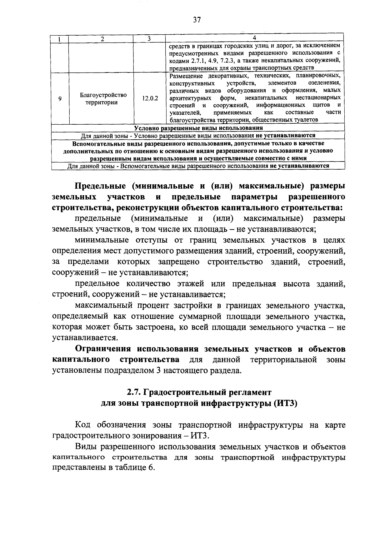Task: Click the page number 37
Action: (197, 20)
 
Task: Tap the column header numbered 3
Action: (149, 39)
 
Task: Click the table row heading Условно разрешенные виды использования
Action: (198, 128)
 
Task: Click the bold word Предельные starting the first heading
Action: (100, 186)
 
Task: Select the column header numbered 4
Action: (254, 38)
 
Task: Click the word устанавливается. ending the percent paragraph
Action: (81, 338)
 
